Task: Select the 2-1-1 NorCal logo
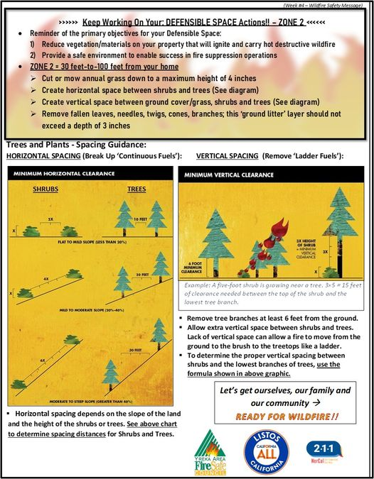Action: (329, 451)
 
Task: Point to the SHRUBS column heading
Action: (46, 189)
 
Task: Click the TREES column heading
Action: (136, 189)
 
